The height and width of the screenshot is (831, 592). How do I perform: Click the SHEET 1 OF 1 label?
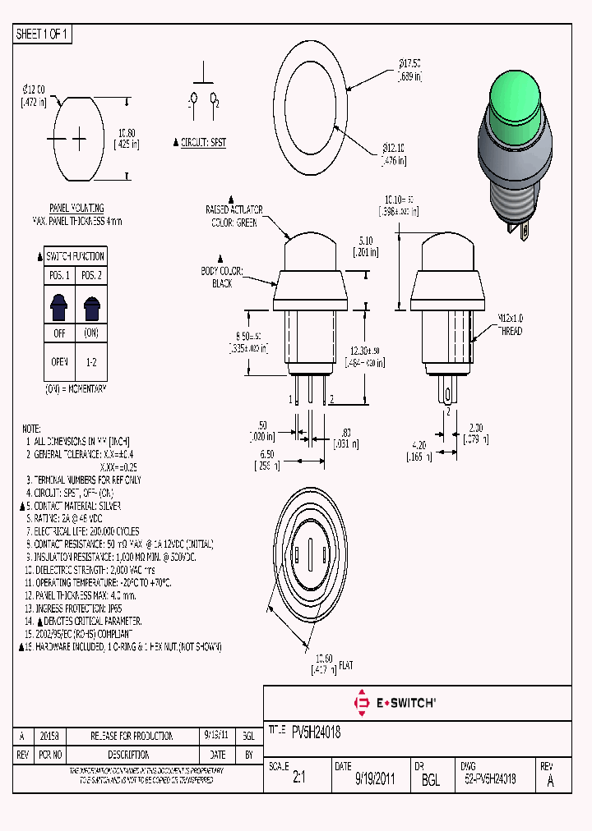pos(42,34)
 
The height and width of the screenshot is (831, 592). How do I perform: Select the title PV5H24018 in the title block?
pos(316,732)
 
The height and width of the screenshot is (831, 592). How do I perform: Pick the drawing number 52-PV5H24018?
pos(490,779)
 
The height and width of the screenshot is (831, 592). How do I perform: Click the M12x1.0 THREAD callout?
pos(509,325)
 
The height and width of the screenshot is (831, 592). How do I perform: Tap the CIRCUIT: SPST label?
pos(202,142)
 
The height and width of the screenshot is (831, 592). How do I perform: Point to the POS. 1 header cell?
pos(61,274)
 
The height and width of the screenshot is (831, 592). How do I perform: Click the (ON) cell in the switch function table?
pos(91,334)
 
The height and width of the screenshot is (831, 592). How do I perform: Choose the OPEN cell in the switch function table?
pos(61,362)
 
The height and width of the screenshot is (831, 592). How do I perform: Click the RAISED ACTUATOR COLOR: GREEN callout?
pos(234,216)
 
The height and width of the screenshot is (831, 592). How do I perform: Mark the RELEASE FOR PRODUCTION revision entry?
pos(132,737)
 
